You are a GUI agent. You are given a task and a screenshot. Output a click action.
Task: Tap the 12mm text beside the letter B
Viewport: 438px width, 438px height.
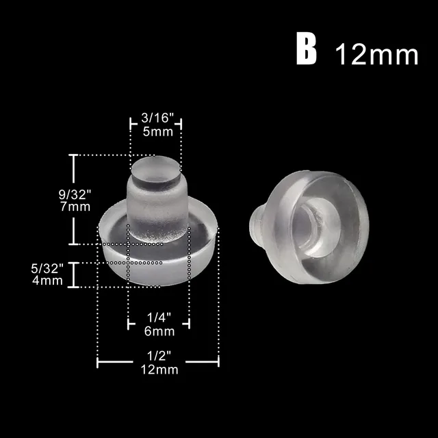tap(376, 54)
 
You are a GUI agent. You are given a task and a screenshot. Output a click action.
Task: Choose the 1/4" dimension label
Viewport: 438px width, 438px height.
tap(159, 318)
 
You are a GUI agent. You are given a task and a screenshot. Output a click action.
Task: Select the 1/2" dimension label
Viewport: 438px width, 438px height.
tap(158, 357)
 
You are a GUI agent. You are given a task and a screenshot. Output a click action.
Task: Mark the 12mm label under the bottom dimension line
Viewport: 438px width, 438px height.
tap(158, 370)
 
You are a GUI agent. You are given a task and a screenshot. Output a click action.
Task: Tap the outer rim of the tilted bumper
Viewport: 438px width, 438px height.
tap(356, 226)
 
